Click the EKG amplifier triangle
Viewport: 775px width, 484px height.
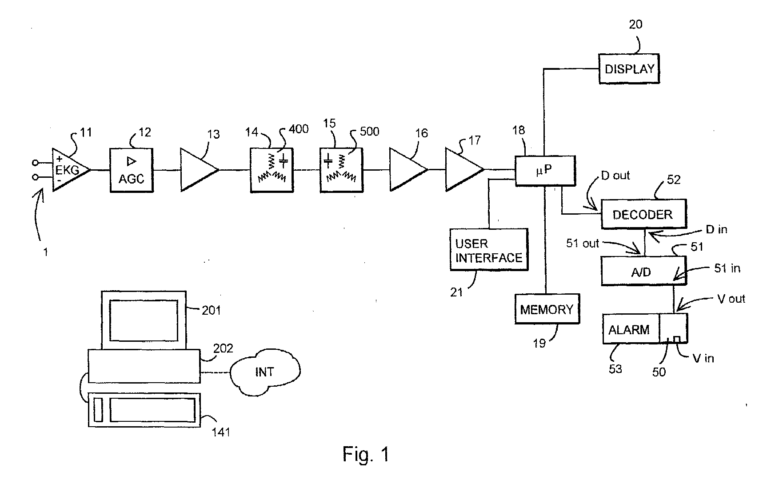pos(71,169)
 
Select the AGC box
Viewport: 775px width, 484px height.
pos(132,170)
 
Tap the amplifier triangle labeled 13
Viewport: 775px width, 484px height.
pos(200,170)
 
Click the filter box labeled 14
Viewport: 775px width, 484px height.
pos(272,170)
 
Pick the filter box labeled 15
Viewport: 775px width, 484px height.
pos(341,170)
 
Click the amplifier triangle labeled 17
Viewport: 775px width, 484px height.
pos(465,170)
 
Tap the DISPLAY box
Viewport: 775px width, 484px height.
pos(629,69)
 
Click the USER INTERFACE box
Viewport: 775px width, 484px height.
pos(489,250)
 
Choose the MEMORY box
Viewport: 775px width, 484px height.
pos(547,309)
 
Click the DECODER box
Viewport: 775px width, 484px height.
pos(643,214)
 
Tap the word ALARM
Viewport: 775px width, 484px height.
pos(629,330)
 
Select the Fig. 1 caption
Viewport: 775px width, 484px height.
pos(366,454)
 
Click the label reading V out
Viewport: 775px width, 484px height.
pos(731,299)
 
